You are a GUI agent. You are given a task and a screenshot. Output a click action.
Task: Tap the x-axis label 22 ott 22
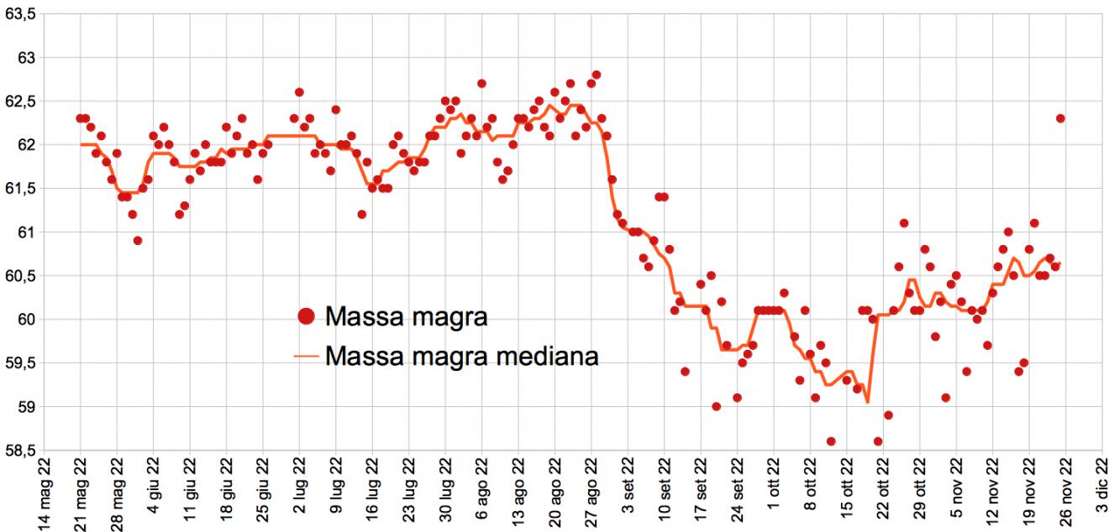[883, 494]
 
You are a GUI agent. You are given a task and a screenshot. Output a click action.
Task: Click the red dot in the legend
[307, 316]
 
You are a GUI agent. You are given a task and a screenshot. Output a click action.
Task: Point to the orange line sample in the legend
[307, 356]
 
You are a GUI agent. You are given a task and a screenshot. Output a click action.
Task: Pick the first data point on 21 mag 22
[80, 118]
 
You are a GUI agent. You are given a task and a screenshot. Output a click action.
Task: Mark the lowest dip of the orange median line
[866, 402]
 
